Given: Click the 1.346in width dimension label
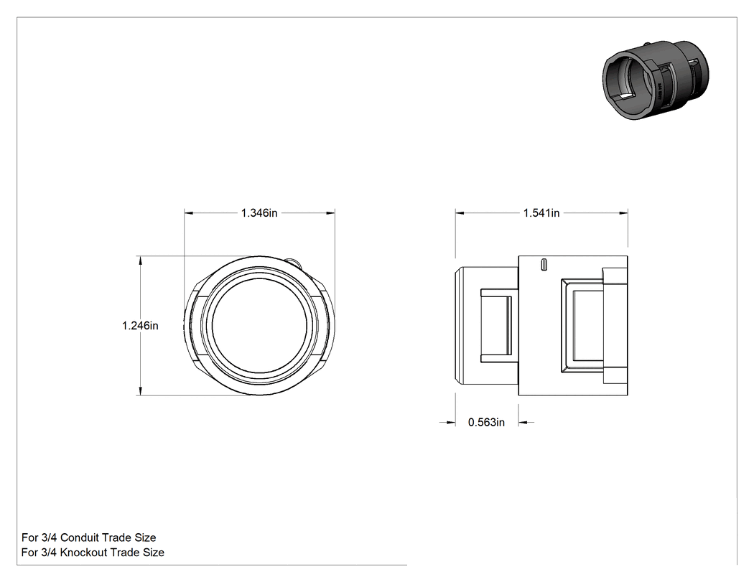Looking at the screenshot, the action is (259, 213).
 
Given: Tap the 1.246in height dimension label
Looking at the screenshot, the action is (140, 326).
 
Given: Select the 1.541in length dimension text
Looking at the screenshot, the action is (541, 213).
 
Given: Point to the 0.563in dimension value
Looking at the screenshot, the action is (486, 423).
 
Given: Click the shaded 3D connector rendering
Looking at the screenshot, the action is (656, 80).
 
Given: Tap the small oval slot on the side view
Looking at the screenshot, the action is (544, 265).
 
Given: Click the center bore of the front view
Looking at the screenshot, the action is (259, 327).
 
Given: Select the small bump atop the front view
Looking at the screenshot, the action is (294, 263).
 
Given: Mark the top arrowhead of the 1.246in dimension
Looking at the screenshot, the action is (141, 260).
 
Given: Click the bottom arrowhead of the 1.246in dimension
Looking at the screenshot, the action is (141, 392).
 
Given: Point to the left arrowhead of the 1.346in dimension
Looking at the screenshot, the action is (188, 213).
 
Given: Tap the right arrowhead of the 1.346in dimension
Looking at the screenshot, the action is (330, 213).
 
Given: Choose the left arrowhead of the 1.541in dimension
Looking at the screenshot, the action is (460, 213).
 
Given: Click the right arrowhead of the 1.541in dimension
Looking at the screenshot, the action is (624, 213).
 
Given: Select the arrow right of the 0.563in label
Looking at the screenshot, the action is (526, 423).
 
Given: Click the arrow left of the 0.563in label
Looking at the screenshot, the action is (447, 423).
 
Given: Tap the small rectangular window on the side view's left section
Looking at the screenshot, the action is (495, 325).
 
